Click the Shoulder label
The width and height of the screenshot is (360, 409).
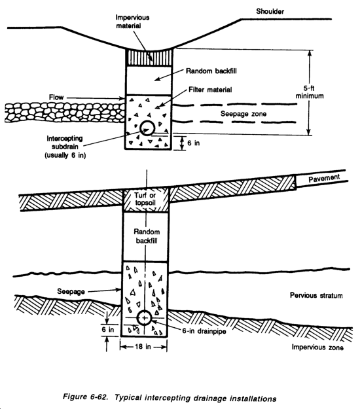tap(270, 12)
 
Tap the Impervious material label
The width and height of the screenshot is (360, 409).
tap(132, 22)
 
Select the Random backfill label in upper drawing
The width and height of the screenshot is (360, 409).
tap(211, 71)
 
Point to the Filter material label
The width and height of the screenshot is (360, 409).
tap(210, 90)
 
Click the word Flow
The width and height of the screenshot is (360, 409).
tap(56, 98)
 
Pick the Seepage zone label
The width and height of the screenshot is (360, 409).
tap(243, 114)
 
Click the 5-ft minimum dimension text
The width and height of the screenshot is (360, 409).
tap(310, 92)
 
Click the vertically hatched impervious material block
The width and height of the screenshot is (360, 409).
tap(149, 58)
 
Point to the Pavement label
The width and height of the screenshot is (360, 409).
tap(324, 179)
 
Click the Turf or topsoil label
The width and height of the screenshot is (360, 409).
tap(145, 199)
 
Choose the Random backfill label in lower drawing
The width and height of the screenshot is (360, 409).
tap(147, 236)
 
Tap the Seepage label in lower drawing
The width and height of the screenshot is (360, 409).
tap(71, 291)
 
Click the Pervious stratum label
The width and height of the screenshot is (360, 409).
tap(316, 295)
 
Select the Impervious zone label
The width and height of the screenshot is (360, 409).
tap(317, 347)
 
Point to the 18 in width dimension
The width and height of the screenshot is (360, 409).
tap(143, 347)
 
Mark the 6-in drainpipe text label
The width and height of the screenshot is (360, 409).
tap(204, 331)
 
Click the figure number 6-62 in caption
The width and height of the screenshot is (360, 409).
tap(99, 397)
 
